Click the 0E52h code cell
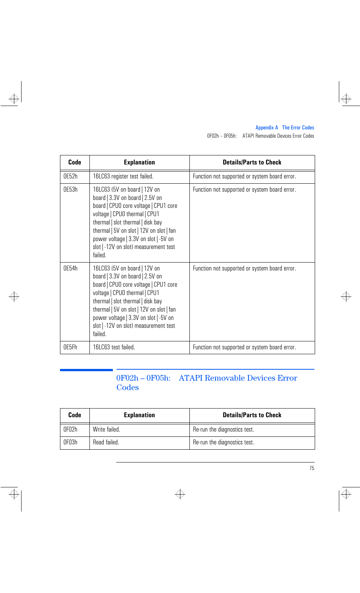71,177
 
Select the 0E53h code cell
71,190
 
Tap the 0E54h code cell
71,269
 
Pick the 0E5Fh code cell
71,347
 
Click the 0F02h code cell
71,430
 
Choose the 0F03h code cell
71,442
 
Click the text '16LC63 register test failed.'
123,177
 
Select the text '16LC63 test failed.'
114,347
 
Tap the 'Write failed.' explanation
106,430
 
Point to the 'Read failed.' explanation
106,442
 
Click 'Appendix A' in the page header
266,128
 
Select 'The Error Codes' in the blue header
298,128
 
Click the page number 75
312,468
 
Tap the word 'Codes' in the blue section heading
128,388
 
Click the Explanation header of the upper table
139,163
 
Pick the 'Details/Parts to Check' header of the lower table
252,415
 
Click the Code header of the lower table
75,415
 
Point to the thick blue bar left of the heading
86,370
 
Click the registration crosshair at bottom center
180,494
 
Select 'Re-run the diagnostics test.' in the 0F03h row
223,442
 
